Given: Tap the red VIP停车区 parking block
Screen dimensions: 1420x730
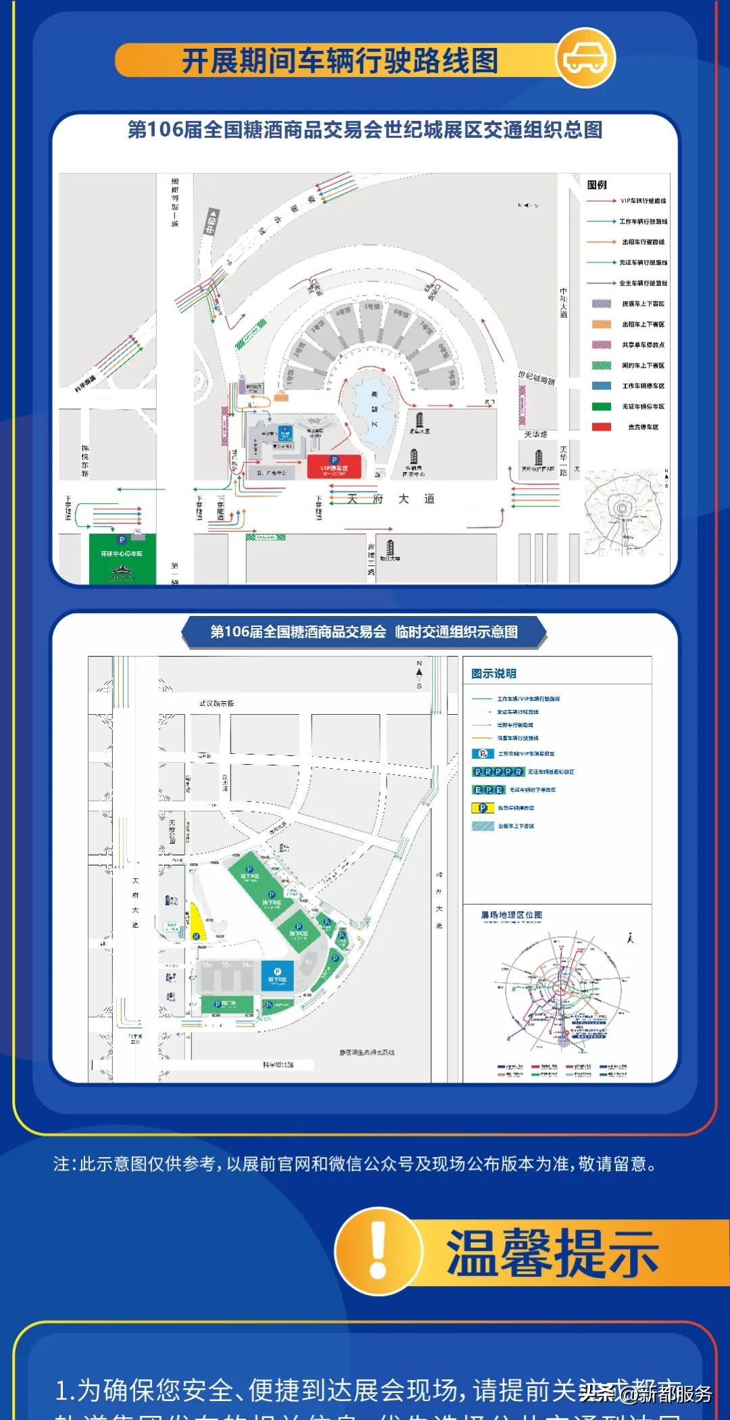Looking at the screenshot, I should point(334,467).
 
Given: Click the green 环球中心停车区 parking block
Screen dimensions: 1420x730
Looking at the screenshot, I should point(122,559).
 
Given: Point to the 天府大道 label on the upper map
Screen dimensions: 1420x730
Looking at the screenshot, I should point(391,499).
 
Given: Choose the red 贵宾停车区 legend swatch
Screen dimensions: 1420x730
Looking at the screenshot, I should point(602,427).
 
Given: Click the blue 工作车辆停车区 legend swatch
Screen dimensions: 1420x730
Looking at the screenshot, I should point(602,386).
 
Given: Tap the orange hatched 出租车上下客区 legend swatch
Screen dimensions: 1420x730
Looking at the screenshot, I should point(602,325).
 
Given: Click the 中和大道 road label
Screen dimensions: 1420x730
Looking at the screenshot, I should point(563,302).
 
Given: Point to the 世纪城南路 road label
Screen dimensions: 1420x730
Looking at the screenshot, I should point(537,379).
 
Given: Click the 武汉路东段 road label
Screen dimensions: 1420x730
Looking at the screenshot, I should point(216,703).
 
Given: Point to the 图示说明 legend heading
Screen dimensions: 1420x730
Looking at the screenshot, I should point(493,673).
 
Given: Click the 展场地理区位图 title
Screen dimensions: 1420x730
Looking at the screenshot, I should point(511,915).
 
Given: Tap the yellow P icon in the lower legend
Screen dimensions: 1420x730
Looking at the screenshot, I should point(482,808).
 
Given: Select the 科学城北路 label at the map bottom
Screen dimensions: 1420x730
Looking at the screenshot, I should point(278,1065).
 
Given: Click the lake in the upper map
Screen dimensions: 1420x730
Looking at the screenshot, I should point(373,409).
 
